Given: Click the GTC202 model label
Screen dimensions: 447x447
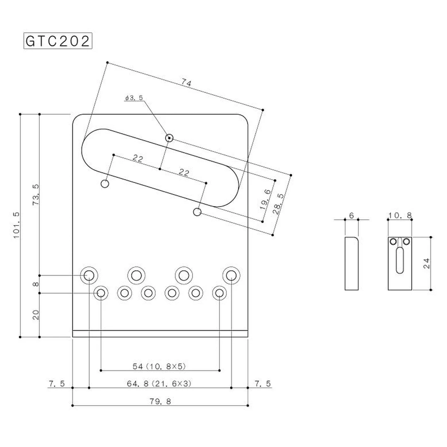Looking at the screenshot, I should (x=58, y=41).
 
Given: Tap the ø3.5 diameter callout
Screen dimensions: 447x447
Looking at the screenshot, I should (x=134, y=98).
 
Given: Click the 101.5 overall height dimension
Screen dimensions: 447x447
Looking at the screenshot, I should (x=16, y=226).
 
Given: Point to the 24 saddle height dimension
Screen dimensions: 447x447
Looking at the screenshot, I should (x=427, y=263).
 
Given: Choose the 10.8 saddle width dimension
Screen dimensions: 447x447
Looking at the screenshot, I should (x=400, y=216).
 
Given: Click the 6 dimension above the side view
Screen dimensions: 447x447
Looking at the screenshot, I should (x=351, y=216).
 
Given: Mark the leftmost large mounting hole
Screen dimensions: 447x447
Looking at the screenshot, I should (x=89, y=274).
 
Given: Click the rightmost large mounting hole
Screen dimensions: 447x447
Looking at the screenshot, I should (x=231, y=274).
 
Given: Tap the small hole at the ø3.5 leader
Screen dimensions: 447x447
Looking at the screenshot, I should (x=169, y=138).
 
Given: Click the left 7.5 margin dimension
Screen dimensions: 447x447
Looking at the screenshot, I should (x=56, y=384).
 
